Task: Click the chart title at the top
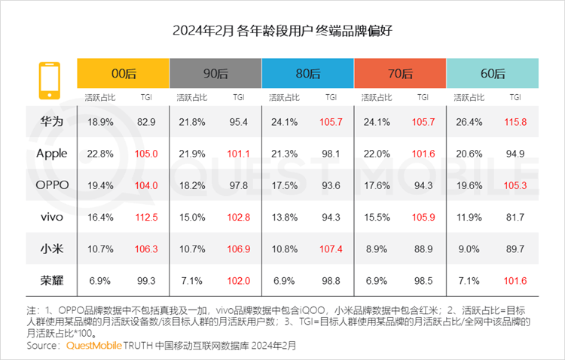pos(282,31)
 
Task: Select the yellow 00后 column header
pos(123,73)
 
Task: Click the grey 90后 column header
pos(215,73)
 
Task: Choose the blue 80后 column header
pos(307,73)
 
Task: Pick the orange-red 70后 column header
pos(400,73)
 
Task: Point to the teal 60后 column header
pos(493,73)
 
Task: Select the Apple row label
pos(51,154)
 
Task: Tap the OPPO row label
pos(51,185)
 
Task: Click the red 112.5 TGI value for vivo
pos(147,217)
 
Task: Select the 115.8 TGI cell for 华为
pos(516,121)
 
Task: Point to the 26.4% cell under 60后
pos(470,121)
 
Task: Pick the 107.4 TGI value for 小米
pos(331,249)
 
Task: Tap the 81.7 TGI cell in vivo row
pos(516,217)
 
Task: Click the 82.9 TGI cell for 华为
pos(147,121)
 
